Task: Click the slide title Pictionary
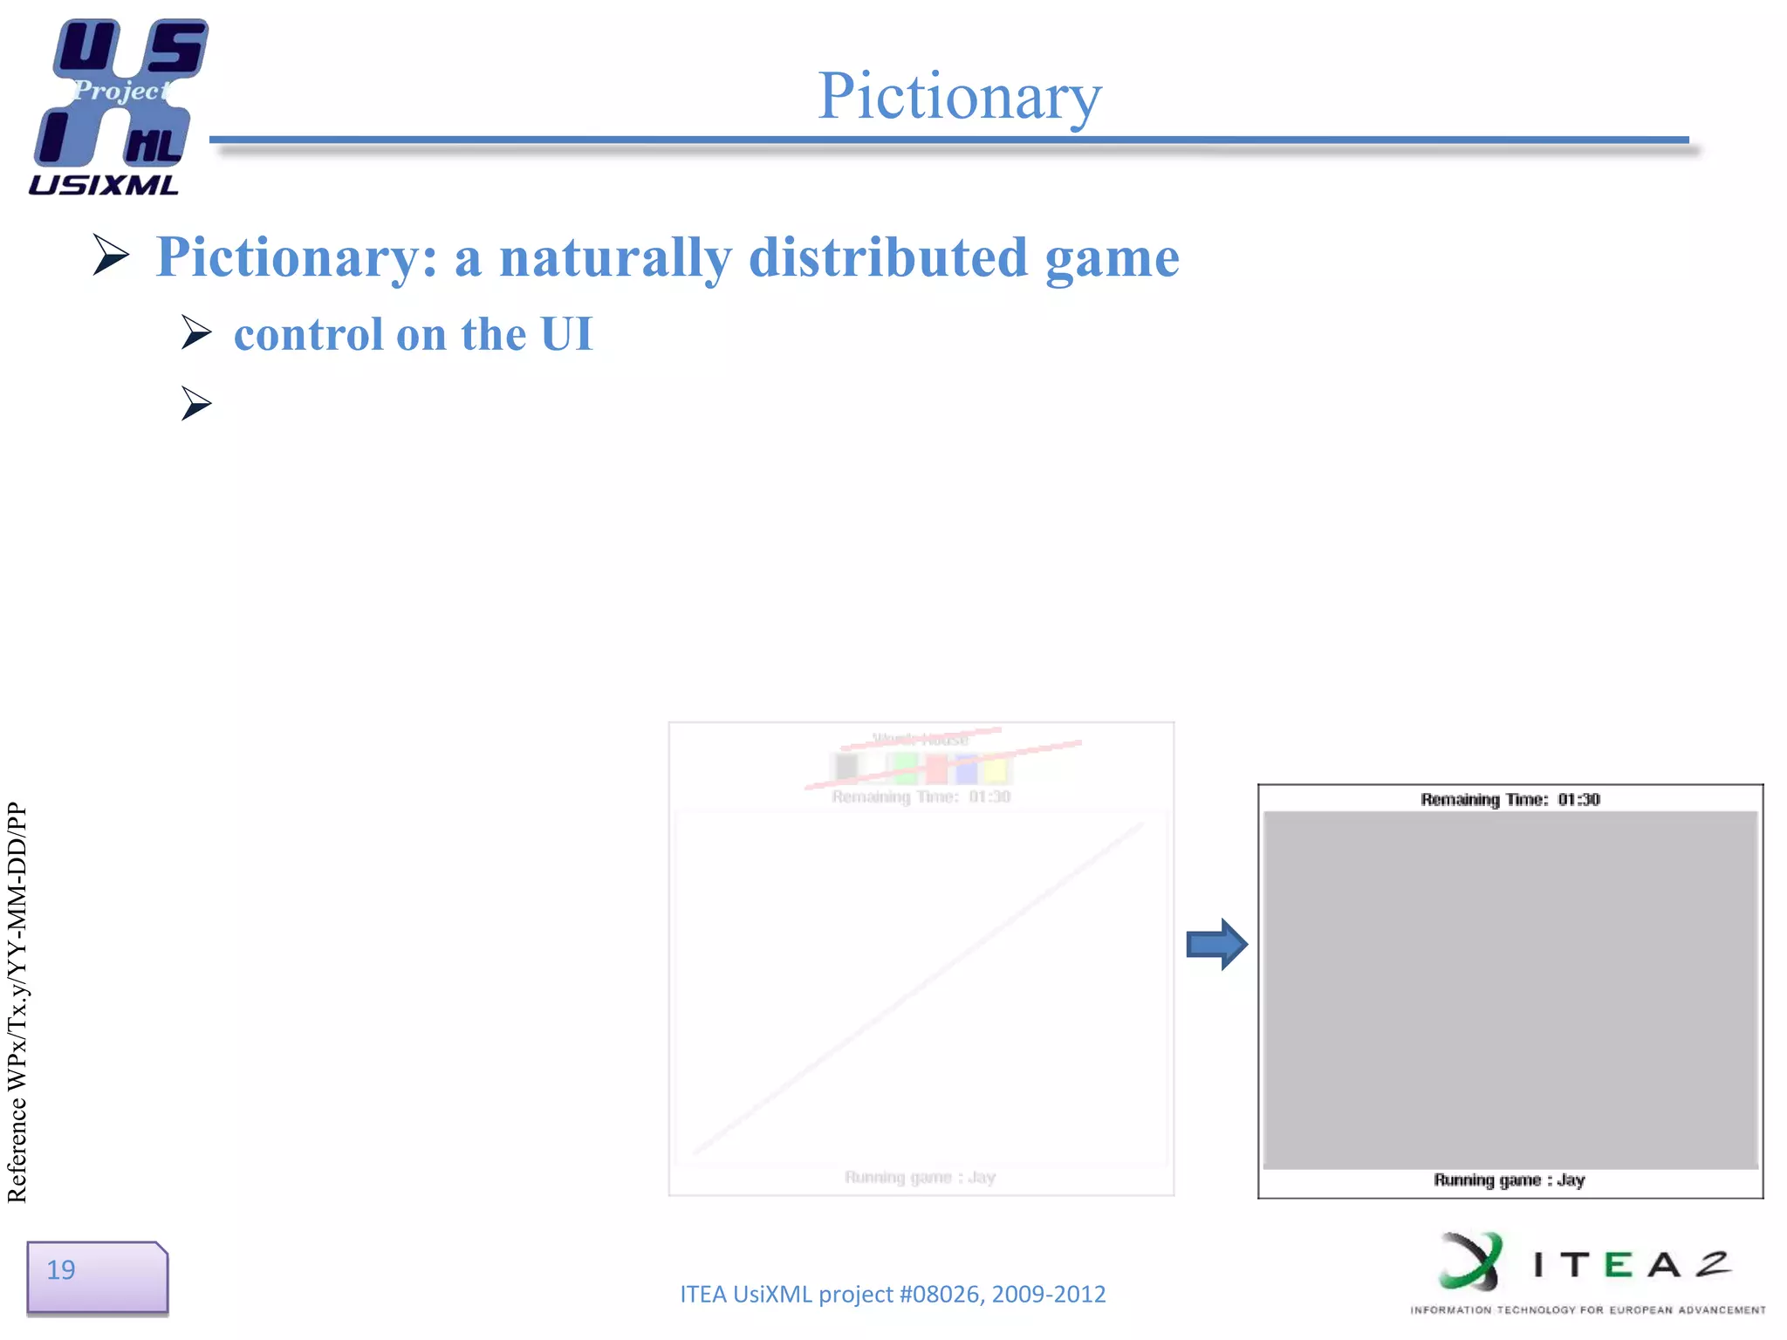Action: [x=959, y=95]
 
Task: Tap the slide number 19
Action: [x=61, y=1270]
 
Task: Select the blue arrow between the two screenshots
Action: [x=1216, y=944]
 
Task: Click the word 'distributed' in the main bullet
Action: [x=888, y=257]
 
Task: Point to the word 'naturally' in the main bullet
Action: [x=615, y=257]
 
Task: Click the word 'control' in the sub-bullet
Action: [x=308, y=334]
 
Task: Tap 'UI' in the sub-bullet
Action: [x=566, y=334]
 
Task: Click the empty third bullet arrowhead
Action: [x=197, y=403]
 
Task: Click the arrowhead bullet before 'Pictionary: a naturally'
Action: [x=112, y=255]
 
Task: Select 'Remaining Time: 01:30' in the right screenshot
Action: [x=1510, y=799]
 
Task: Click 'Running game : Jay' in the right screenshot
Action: [x=1509, y=1180]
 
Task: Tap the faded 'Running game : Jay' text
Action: [x=920, y=1177]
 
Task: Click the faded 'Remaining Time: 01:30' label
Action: [x=921, y=796]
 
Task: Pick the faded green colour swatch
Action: [x=905, y=769]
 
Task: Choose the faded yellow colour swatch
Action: [x=995, y=770]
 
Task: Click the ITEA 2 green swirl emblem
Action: [x=1472, y=1261]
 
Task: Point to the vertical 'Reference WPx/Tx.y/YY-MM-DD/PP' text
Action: [x=17, y=1003]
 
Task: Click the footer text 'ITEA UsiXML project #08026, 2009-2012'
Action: [x=893, y=1294]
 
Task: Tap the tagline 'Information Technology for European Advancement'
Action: [x=1587, y=1309]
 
